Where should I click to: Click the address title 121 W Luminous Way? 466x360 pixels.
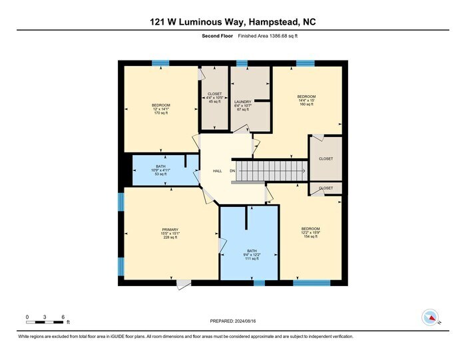[x=233, y=22]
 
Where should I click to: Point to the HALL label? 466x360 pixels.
[x=217, y=171]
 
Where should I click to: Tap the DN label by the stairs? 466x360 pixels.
[x=233, y=171]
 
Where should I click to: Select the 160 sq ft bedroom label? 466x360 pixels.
[x=306, y=100]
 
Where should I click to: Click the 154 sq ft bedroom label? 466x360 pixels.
[x=310, y=232]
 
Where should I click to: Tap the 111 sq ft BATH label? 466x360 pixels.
[x=250, y=253]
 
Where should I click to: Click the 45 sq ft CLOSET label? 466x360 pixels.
[x=214, y=98]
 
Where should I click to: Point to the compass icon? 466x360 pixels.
[x=429, y=316]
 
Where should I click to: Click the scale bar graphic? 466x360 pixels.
[x=45, y=323]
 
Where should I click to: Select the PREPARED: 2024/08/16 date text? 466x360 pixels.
[x=233, y=321]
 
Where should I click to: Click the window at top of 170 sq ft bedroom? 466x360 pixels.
[x=160, y=63]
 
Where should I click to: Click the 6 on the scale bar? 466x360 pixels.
[x=62, y=316]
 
